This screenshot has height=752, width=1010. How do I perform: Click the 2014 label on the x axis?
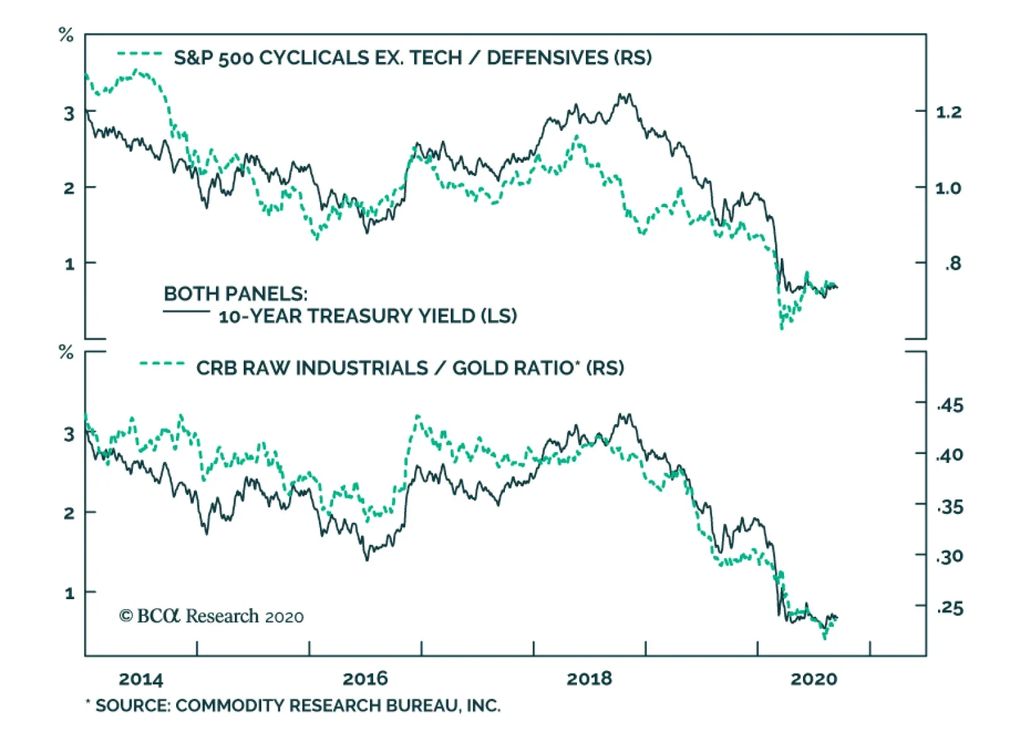[141, 679]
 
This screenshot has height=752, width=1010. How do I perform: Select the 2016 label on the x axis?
[365, 679]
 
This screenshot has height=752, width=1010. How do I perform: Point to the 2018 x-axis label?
[589, 679]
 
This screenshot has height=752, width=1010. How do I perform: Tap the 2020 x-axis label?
[814, 679]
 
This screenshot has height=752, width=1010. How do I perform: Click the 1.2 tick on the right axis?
[948, 112]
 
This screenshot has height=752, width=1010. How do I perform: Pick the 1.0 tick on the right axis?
[948, 188]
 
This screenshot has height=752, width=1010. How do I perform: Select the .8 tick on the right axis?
[953, 263]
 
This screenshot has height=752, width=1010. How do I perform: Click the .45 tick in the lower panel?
[950, 405]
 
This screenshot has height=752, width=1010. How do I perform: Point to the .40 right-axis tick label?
[950, 455]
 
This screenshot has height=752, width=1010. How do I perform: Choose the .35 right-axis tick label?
[950, 506]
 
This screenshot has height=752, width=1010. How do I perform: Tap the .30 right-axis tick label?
[950, 556]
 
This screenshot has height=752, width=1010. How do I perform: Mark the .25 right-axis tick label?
[950, 608]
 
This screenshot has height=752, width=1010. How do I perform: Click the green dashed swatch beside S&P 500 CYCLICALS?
[140, 54]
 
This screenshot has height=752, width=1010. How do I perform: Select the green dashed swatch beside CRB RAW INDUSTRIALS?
[162, 364]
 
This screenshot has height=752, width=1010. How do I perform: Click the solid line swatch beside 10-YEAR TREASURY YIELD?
[186, 311]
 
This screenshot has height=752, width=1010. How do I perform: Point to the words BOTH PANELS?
[235, 294]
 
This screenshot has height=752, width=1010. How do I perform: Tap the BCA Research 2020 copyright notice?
[211, 616]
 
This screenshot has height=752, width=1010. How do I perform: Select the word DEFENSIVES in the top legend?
[547, 57]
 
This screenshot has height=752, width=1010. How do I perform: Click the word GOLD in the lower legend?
[480, 367]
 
